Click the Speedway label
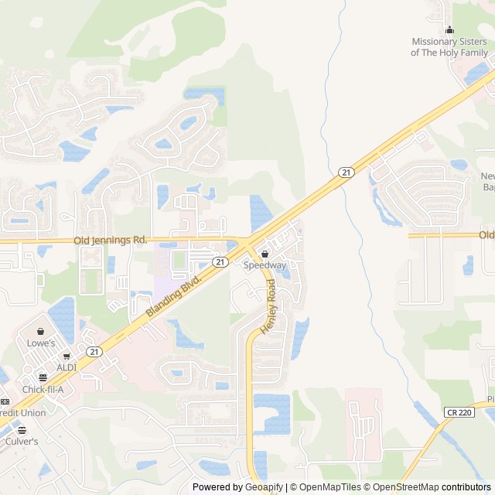[x=265, y=265]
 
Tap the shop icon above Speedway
[x=265, y=254]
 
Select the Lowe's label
[x=41, y=343]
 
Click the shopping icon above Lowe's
[x=40, y=331]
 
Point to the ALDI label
[x=66, y=367]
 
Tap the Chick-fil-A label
[x=43, y=389]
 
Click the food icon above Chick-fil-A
[x=43, y=377]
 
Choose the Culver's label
[x=22, y=441]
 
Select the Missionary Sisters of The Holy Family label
[x=449, y=47]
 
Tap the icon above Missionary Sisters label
[x=450, y=29]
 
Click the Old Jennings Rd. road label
[x=111, y=241]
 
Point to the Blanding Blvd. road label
[x=173, y=295]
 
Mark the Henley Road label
[x=268, y=306]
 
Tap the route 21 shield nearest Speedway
[x=221, y=262]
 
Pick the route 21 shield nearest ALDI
[x=94, y=352]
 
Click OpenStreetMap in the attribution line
[x=405, y=487]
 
